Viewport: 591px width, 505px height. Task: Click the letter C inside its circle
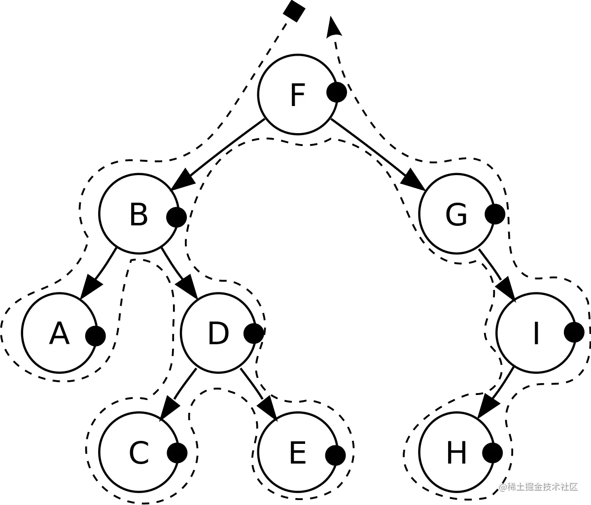(x=139, y=453)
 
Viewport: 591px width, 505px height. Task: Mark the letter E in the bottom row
(x=297, y=453)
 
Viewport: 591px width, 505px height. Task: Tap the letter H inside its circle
(x=456, y=453)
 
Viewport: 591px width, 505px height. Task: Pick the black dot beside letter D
(x=250, y=334)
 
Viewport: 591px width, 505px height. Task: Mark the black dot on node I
(x=570, y=332)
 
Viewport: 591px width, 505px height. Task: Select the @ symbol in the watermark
(x=502, y=487)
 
